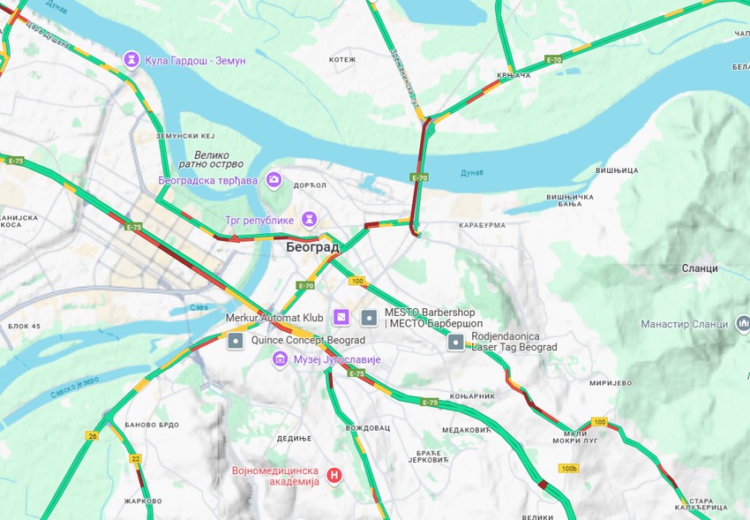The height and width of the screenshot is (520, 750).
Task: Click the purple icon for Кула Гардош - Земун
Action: pos(131,59)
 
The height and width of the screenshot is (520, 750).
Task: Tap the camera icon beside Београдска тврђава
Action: pos(274,180)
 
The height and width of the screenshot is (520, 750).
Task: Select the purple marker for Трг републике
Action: pos(309,218)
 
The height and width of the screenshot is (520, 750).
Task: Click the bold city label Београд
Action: pos(312,248)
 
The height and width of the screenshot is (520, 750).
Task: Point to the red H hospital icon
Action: pos(334,477)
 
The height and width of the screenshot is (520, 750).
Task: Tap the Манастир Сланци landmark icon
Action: pos(743,324)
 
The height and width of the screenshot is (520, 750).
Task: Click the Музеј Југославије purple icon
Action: pos(280,358)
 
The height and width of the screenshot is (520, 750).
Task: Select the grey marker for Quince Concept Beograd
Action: pos(236,340)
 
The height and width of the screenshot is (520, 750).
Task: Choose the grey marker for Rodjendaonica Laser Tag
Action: pos(455,342)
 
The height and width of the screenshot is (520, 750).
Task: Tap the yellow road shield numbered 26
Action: pos(92,435)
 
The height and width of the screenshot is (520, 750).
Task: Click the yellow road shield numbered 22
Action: pos(135,458)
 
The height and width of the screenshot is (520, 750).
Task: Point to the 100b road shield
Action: pos(568,468)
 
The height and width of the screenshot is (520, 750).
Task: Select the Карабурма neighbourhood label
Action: pos(482,225)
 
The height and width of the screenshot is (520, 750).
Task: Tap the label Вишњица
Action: pos(616,170)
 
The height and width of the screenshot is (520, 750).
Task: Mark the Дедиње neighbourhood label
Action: pos(294,439)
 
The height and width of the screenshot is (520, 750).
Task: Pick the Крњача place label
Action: pos(514,76)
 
